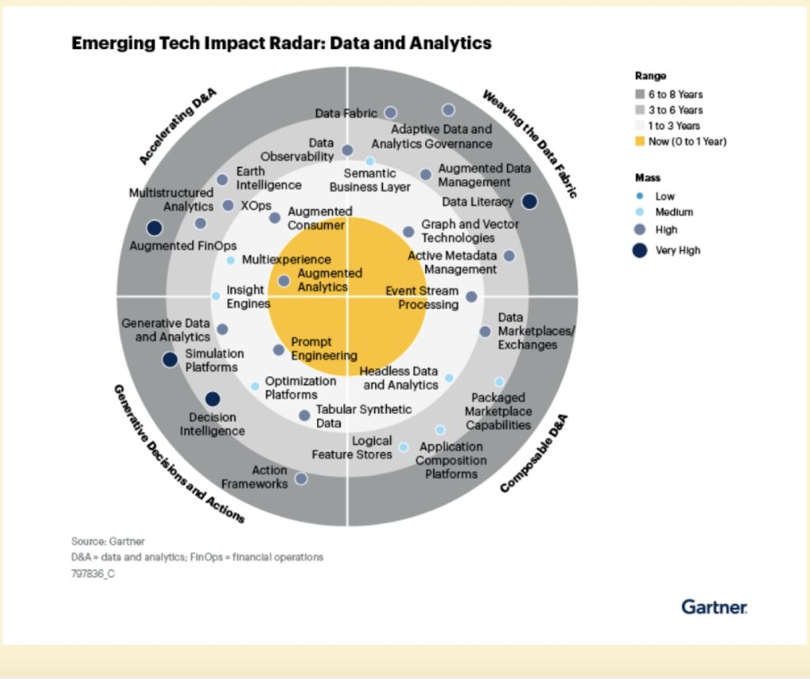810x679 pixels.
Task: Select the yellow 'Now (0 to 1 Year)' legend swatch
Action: [x=640, y=141]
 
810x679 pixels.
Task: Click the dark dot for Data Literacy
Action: [x=530, y=202]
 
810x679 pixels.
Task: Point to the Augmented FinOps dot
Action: [x=154, y=228]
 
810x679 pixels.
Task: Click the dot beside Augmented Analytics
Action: [x=284, y=281]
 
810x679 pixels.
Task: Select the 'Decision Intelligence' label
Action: [x=212, y=424]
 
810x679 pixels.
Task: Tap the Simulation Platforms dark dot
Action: [x=169, y=360]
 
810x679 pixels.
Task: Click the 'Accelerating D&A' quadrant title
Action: [x=178, y=126]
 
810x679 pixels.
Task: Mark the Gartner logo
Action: [x=714, y=607]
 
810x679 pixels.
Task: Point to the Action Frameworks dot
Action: [x=301, y=478]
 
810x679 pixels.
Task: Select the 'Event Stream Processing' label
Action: [x=422, y=298]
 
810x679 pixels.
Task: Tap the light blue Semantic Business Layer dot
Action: [x=369, y=161]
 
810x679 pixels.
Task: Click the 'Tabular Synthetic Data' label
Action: [x=363, y=416]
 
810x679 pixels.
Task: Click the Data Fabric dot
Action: [x=390, y=113]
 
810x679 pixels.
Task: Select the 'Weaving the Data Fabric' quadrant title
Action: [x=530, y=143]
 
